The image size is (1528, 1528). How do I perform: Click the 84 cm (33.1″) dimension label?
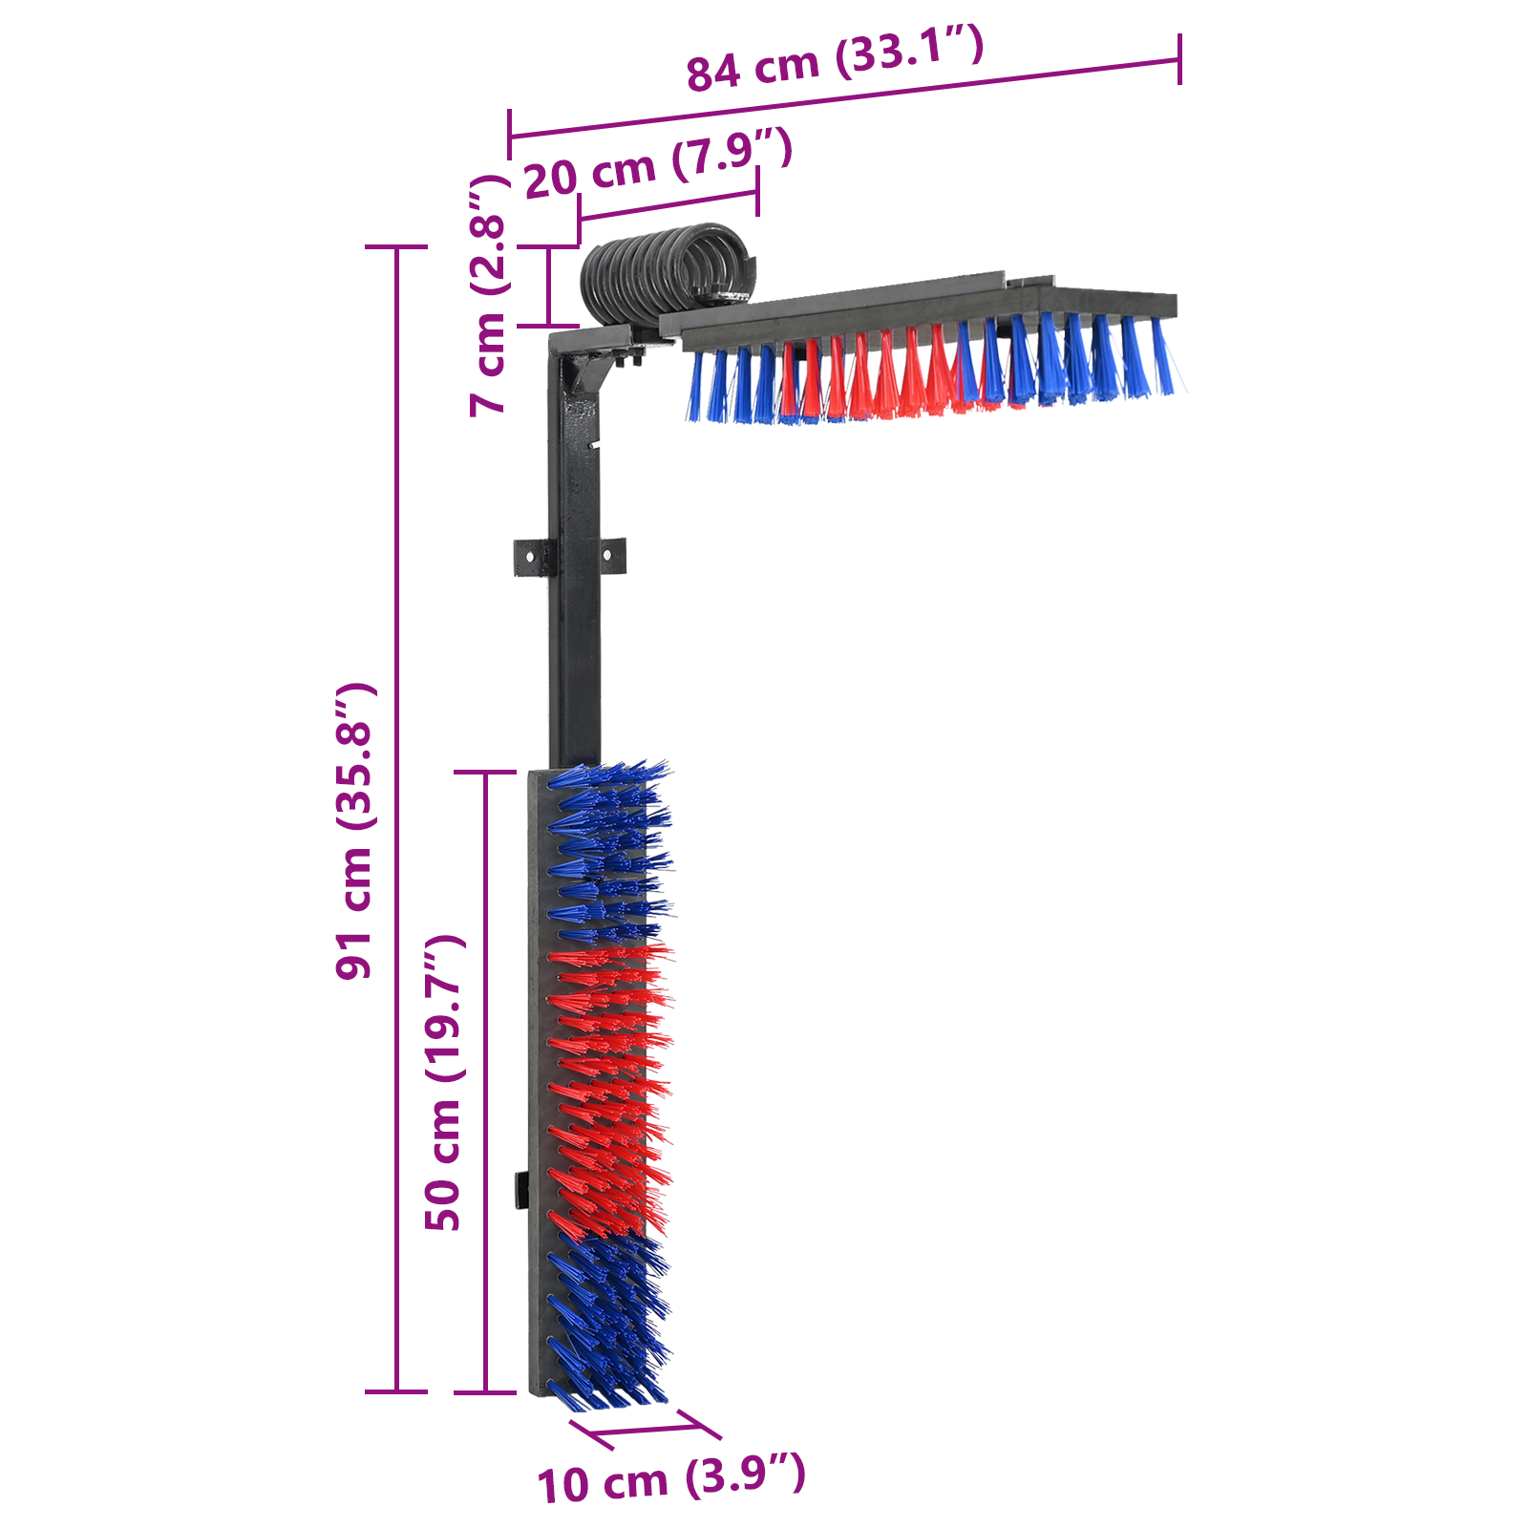coord(835,59)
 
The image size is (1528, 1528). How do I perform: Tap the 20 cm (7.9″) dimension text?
coord(658,164)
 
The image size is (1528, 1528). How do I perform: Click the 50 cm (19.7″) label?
coord(443,1083)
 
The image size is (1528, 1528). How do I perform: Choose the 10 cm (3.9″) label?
coord(671,1479)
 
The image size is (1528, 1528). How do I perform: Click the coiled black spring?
coord(667,274)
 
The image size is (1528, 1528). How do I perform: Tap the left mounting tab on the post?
coord(532,557)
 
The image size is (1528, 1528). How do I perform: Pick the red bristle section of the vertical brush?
coord(606,1089)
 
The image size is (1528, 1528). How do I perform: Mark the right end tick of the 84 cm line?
coord(1180,59)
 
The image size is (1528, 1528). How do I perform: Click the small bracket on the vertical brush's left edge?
coord(521,1190)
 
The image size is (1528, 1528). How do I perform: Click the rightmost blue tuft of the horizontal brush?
coord(1162,357)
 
